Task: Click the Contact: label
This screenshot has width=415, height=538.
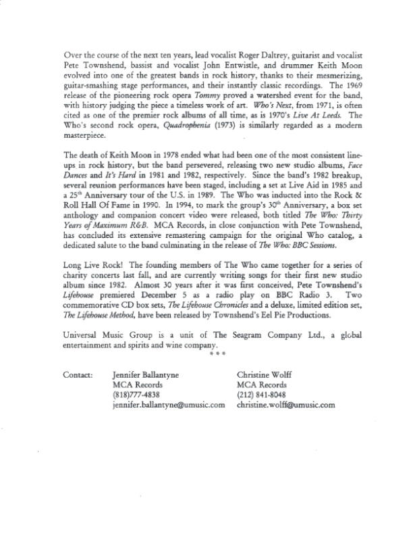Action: pos(78,374)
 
